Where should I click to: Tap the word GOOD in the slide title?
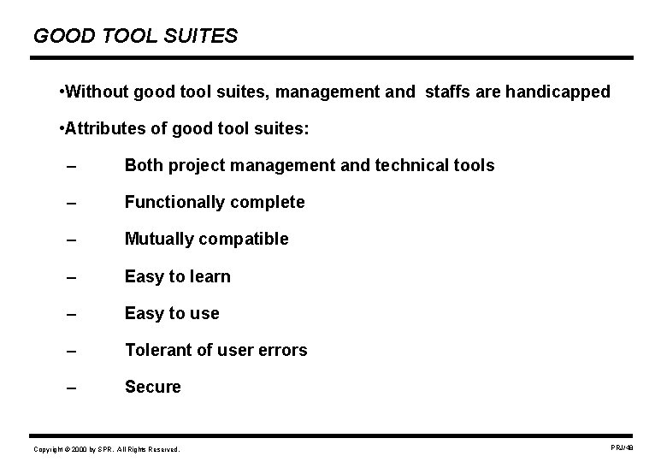coord(59,36)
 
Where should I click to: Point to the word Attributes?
coord(103,128)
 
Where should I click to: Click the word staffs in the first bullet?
coord(443,91)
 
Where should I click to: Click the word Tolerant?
coord(156,350)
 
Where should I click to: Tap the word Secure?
coord(153,387)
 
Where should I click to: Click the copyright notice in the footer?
coord(107,449)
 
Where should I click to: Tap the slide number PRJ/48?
coord(622,447)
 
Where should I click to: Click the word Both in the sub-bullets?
coord(144,165)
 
